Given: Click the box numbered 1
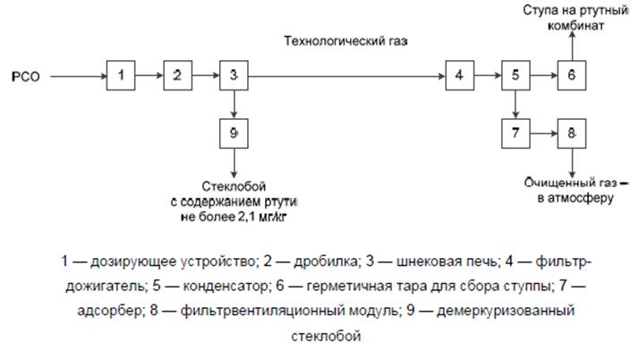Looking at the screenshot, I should (x=121, y=75).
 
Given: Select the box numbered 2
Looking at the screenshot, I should (x=177, y=75).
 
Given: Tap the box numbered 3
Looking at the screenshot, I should (x=234, y=75).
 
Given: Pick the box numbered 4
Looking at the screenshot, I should (x=459, y=75).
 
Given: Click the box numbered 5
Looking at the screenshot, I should (x=515, y=75).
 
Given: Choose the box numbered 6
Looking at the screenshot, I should (x=572, y=75).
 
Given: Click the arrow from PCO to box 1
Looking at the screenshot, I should (x=78, y=76).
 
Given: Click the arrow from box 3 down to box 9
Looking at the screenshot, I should (x=234, y=104).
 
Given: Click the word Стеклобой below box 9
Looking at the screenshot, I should (x=234, y=185).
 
